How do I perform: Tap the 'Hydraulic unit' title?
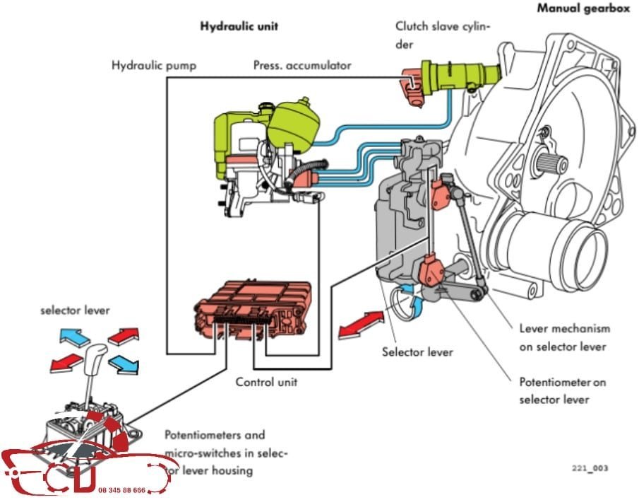(239, 26)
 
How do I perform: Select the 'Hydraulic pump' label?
(154, 66)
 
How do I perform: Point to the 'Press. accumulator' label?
(302, 66)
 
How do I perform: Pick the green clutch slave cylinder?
(459, 74)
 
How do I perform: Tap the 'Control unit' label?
(266, 382)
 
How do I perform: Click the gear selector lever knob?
(96, 358)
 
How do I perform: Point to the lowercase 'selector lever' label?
(75, 310)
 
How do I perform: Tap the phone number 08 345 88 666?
(122, 489)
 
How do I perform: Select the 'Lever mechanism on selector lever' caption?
(564, 337)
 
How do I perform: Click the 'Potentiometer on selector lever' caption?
(562, 391)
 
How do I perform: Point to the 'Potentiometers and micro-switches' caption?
(225, 450)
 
